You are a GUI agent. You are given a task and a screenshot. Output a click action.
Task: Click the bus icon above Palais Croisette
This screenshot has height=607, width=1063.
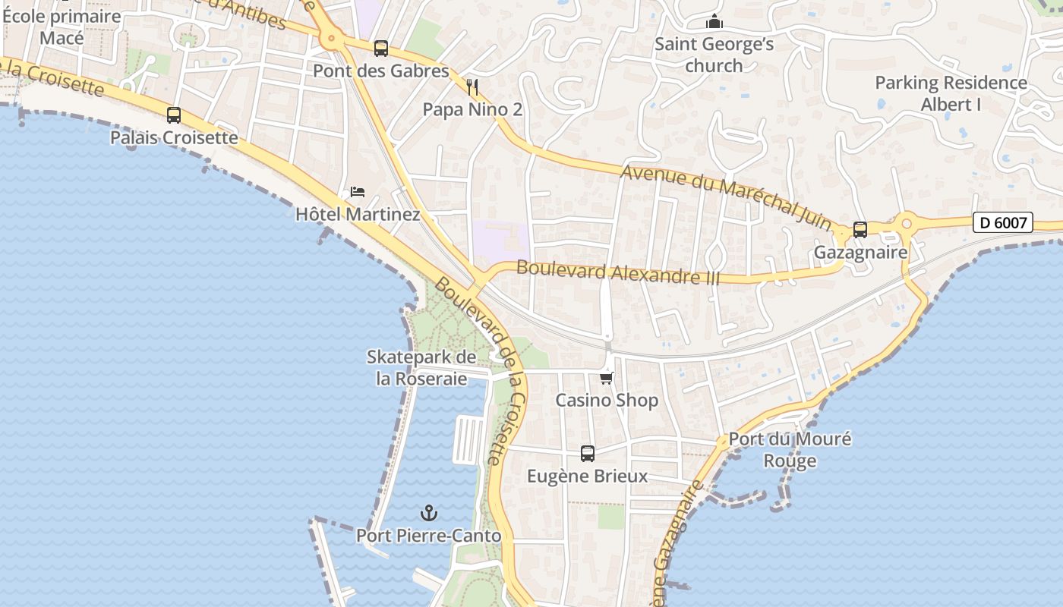pos(174,115)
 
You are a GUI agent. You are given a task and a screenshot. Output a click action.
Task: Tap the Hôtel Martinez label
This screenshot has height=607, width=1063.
pos(358,214)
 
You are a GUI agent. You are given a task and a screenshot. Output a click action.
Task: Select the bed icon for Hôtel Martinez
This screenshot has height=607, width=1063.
pos(358,191)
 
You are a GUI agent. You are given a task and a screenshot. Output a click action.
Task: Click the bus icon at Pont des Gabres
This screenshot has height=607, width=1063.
pos(381,49)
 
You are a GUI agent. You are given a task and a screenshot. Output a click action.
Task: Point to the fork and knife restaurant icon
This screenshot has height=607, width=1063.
pos(472,87)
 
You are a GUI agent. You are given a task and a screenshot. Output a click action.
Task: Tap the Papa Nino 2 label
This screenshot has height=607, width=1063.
pos(472,109)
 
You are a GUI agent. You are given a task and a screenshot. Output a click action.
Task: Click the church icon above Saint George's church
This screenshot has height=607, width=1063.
pos(714,22)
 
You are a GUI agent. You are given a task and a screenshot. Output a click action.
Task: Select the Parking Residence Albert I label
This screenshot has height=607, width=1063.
pos(951,93)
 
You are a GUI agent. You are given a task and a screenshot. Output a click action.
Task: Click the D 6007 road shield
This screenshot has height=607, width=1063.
pos(1002,222)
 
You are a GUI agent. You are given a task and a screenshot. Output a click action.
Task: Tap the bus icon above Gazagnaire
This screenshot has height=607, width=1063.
pos(860,229)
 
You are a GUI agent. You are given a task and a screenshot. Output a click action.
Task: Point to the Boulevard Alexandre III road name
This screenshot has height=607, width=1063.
pos(618,272)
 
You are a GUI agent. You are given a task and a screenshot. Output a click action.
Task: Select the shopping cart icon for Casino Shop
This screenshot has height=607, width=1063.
pos(606,378)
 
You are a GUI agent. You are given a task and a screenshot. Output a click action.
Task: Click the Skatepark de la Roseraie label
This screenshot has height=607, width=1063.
pos(421,367)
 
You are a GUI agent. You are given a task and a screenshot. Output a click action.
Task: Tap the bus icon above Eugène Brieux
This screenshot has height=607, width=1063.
pos(588,454)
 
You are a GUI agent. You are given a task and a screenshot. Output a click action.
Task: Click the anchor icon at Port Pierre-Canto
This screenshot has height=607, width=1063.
pos(429,514)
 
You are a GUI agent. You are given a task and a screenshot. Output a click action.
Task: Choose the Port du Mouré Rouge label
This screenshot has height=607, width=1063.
pos(790,449)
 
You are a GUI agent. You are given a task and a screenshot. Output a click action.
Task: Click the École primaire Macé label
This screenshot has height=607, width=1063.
pos(62,27)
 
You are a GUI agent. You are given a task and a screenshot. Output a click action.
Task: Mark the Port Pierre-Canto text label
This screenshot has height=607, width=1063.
pos(429,536)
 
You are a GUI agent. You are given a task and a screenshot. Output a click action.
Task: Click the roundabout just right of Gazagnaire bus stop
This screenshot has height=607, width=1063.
pos(906,224)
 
